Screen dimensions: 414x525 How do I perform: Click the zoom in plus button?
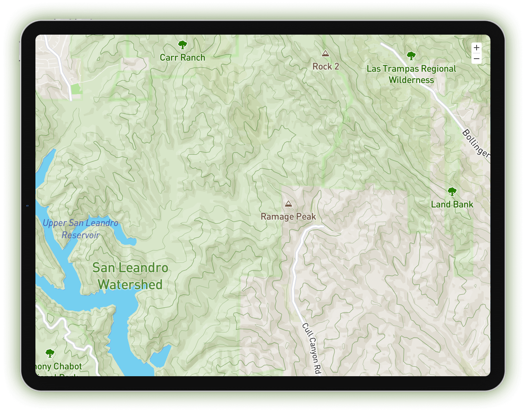(477, 48)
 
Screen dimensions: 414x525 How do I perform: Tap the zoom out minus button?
(477, 59)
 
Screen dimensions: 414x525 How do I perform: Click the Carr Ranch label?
(182, 57)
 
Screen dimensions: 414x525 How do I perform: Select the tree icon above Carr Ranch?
(182, 44)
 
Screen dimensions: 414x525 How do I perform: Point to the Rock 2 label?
(325, 67)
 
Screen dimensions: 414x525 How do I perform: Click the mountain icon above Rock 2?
(325, 53)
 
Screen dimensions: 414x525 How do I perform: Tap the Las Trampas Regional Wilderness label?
(411, 74)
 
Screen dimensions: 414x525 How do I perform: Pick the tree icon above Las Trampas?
(411, 55)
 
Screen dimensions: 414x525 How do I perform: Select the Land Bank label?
(452, 204)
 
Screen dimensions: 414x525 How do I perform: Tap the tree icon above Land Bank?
(452, 192)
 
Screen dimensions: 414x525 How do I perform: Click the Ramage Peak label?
(288, 216)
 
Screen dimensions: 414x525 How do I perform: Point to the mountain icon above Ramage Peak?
(288, 203)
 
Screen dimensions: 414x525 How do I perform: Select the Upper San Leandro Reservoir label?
(81, 229)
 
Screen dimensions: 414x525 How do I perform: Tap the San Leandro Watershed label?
(130, 276)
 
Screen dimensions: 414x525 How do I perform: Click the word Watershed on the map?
(130, 285)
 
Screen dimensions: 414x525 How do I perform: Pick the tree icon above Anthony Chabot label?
(50, 353)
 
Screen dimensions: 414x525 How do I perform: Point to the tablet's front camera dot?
(27, 206)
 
